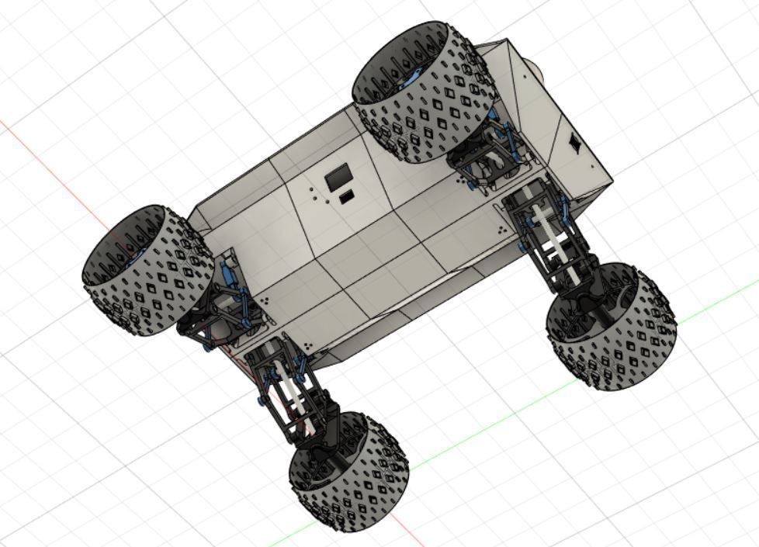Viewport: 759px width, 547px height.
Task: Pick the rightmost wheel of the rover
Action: [612, 324]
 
